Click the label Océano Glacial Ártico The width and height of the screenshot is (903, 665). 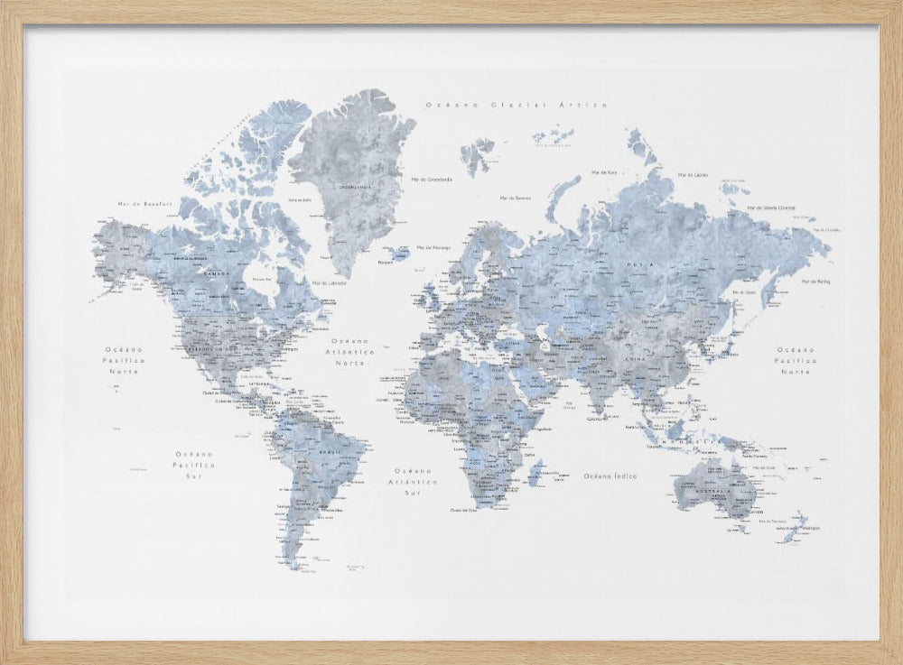tap(516, 105)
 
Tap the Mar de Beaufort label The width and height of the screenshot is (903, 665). tap(138, 205)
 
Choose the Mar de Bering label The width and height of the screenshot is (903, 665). tap(815, 282)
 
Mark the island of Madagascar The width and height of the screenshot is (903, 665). tap(540, 471)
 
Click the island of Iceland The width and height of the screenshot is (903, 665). tap(394, 254)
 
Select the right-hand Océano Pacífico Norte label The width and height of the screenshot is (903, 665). tap(796, 360)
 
